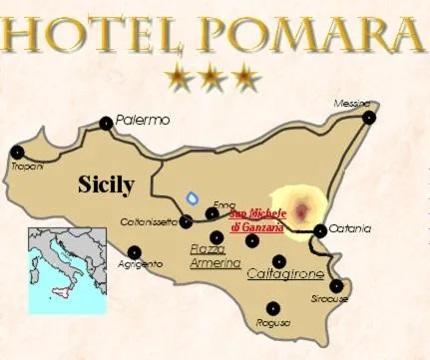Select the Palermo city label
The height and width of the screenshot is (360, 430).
tap(143, 120)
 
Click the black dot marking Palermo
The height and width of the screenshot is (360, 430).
tap(106, 124)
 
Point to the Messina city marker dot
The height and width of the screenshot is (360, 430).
tap(370, 118)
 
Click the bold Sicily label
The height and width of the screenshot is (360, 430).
tap(106, 184)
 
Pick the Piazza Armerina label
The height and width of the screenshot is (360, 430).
tap(215, 256)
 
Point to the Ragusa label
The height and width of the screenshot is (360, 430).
tap(271, 322)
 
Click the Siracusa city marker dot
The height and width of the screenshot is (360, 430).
tap(337, 286)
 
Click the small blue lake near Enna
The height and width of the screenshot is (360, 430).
tap(193, 196)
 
